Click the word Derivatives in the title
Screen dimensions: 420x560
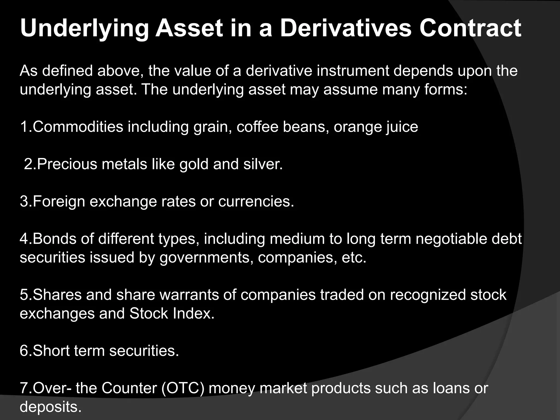346,28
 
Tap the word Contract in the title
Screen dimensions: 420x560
470,28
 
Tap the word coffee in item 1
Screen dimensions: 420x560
257,127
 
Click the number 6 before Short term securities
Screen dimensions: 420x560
24,351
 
